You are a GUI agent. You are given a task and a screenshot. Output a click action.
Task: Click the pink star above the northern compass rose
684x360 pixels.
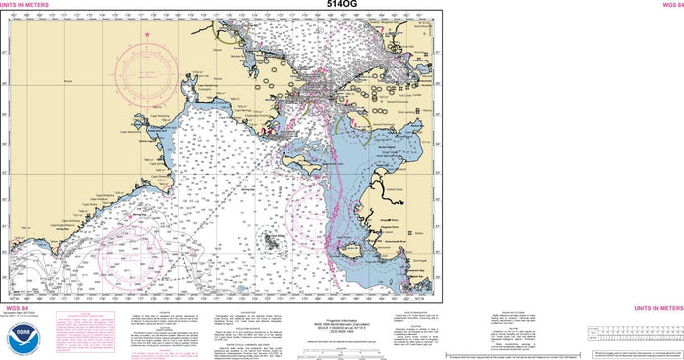point(147,36)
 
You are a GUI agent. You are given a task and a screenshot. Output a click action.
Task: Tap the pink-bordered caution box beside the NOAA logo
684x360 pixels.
point(86,334)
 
